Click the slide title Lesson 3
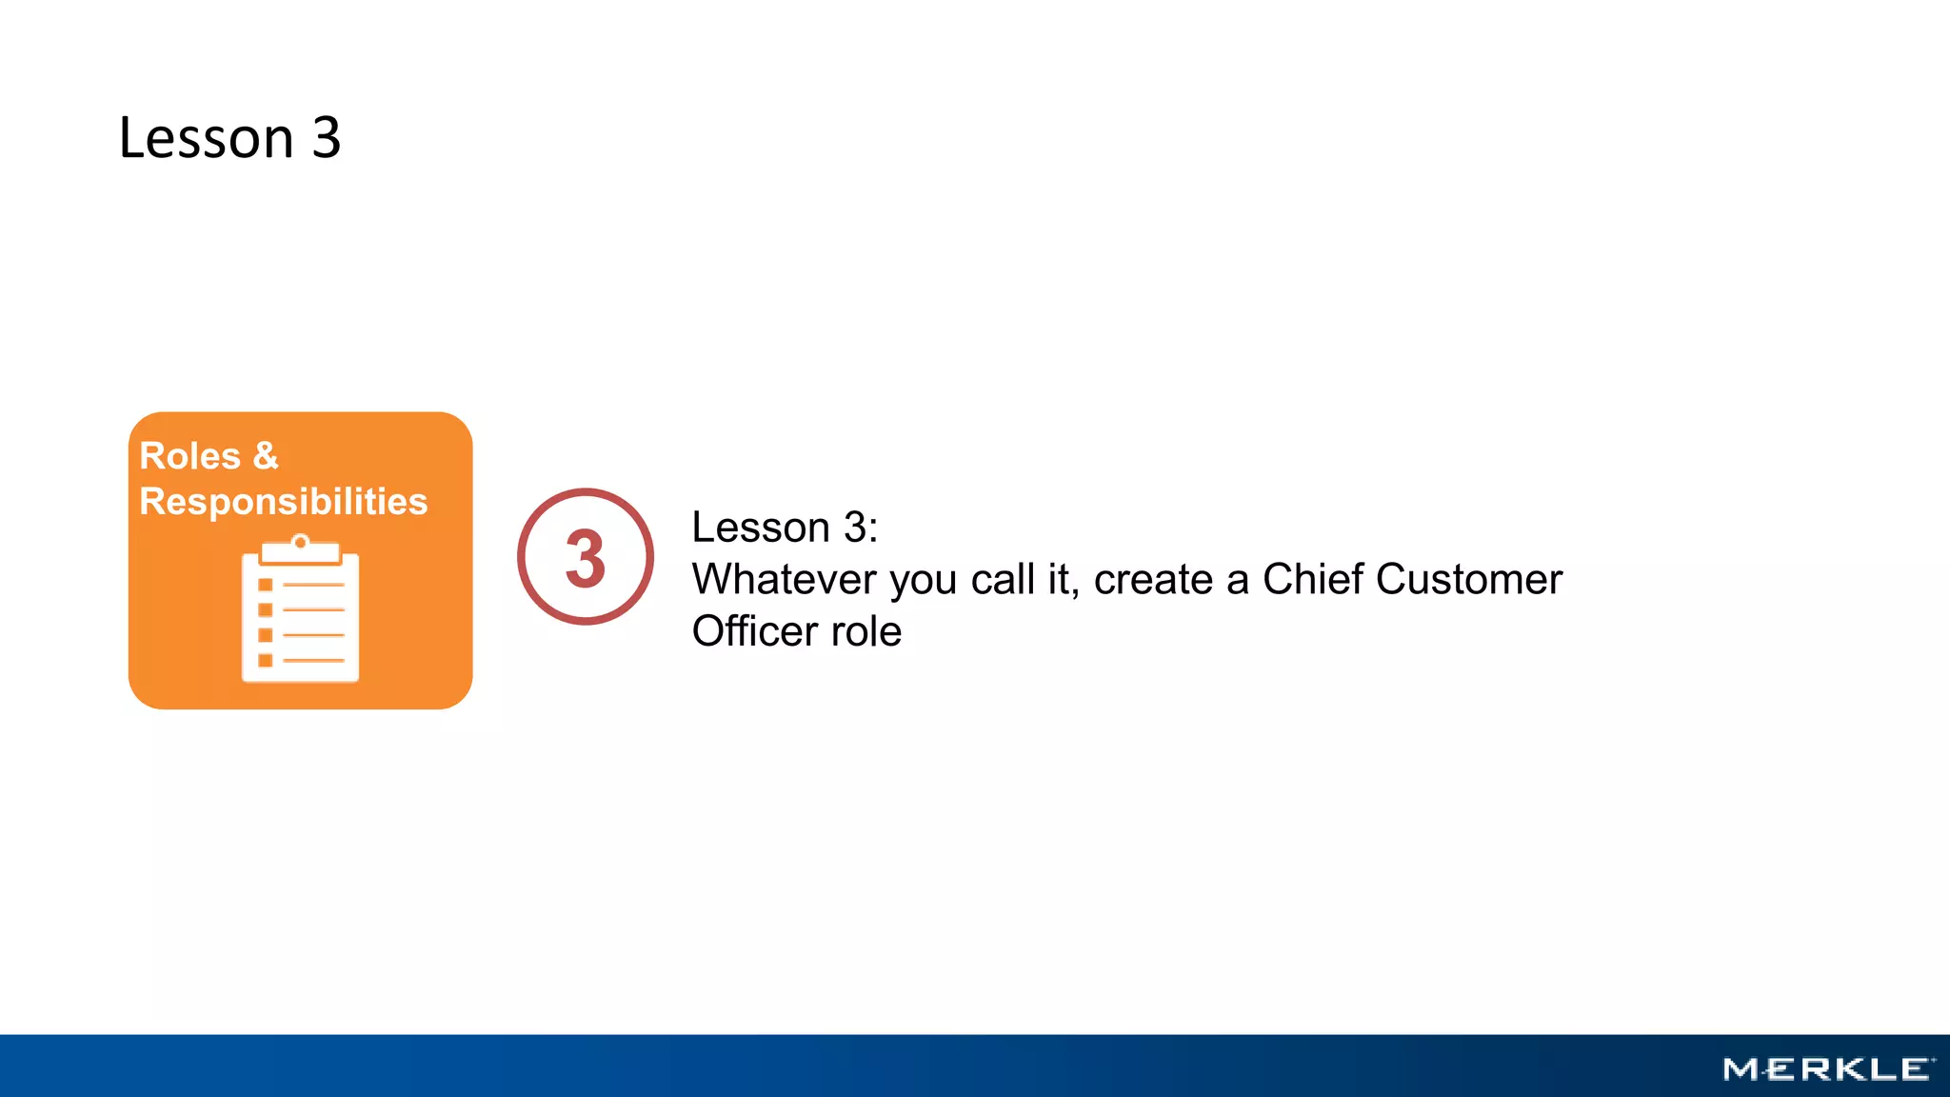(229, 138)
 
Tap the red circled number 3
(586, 557)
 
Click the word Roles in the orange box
(189, 456)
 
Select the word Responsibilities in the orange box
(284, 502)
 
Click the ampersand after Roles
(266, 456)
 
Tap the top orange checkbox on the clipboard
(266, 585)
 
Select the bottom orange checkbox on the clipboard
(266, 660)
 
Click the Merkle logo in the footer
(1828, 1069)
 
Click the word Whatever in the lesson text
(784, 579)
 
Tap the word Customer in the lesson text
(1469, 579)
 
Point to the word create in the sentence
(1152, 579)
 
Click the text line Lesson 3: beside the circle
(785, 528)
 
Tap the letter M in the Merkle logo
(1741, 1069)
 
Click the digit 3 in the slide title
(327, 138)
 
